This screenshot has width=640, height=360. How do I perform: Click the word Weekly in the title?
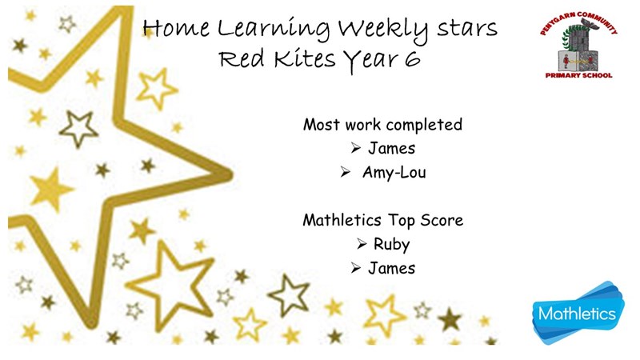[383, 30]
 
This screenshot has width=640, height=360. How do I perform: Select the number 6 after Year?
[412, 58]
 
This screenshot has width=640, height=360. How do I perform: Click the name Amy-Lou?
[394, 173]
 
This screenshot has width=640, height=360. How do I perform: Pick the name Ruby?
[391, 245]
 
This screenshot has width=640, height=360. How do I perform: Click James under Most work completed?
[391, 148]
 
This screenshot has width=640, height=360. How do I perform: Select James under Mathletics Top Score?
[391, 268]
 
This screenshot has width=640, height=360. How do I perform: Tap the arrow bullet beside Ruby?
[362, 244]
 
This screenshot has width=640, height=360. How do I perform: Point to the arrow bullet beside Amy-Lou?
[346, 172]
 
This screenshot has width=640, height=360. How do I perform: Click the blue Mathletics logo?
[578, 313]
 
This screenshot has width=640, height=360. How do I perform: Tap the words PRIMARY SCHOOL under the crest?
[578, 75]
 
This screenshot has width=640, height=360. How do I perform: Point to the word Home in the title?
[176, 29]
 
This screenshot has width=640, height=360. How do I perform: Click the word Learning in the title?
[274, 30]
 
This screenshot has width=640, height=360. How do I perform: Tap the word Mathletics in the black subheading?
[342, 221]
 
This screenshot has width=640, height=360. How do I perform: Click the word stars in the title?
[467, 30]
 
